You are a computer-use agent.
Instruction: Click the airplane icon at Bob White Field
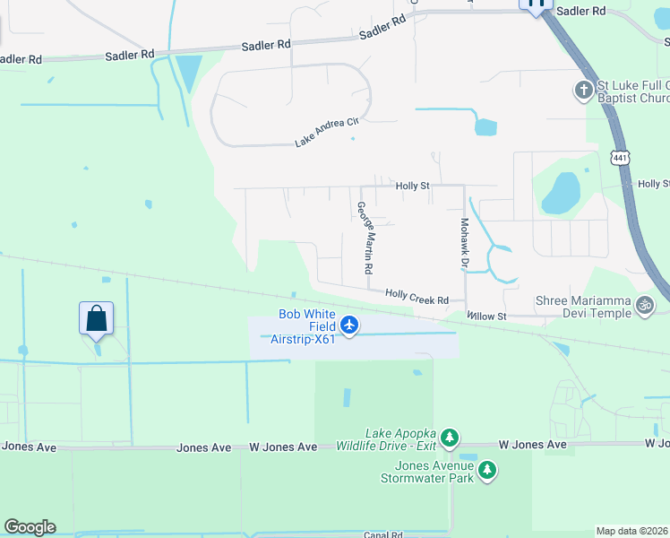point(349,325)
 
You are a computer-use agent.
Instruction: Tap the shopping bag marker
point(96,318)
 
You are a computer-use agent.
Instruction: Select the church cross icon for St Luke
point(583,90)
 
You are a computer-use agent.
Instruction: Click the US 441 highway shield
point(619,158)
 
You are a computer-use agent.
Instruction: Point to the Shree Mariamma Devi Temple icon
point(644,306)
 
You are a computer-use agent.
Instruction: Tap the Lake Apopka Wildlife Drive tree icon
point(450,438)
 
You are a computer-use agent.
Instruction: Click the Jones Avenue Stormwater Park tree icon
point(486,469)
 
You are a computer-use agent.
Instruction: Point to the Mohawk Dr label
point(465,244)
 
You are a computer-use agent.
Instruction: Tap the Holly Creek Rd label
point(417,296)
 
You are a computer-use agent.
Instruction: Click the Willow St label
point(487,317)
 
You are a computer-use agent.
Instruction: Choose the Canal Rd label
point(383,534)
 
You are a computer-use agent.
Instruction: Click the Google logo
point(30,527)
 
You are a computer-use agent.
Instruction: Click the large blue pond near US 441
point(561,193)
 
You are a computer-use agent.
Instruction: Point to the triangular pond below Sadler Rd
point(189,71)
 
